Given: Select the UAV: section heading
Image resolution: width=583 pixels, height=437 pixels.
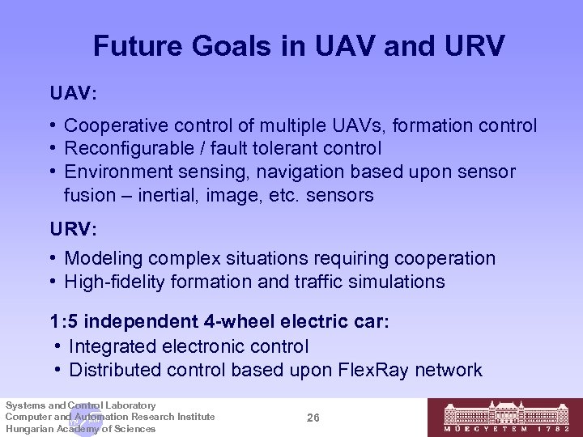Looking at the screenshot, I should point(73,95).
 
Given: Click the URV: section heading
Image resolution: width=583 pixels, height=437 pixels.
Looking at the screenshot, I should point(73,230).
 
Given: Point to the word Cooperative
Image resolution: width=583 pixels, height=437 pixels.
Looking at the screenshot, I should point(114,125).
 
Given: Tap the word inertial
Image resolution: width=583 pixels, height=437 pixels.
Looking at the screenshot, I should point(164,195).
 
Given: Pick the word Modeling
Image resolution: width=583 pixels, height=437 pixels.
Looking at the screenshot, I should point(101,258).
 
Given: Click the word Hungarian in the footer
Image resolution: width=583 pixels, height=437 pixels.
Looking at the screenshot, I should point(28,429).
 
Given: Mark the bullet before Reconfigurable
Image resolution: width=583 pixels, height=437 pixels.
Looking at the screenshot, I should point(53,149).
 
